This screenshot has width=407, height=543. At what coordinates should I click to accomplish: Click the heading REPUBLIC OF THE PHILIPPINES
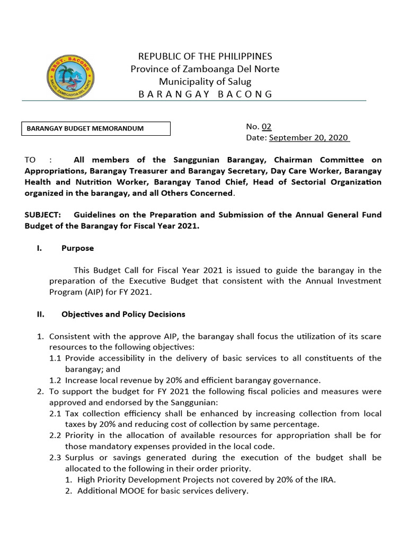[205, 56]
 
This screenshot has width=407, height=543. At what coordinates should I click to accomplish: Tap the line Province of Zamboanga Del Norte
[205, 69]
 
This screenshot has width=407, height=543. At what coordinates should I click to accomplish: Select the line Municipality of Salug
[205, 81]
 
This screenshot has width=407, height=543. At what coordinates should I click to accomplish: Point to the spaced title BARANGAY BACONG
[205, 94]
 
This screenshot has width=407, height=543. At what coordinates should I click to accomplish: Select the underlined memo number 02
[266, 126]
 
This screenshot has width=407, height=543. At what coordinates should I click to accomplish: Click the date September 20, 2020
[308, 138]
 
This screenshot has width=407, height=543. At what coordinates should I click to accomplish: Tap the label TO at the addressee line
[31, 160]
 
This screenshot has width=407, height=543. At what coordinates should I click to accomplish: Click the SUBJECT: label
[43, 215]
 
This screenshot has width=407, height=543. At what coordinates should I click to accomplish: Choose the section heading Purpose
[77, 248]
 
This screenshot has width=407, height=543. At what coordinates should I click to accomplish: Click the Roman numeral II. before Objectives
[40, 314]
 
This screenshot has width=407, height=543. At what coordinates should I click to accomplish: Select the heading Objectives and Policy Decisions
[123, 314]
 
